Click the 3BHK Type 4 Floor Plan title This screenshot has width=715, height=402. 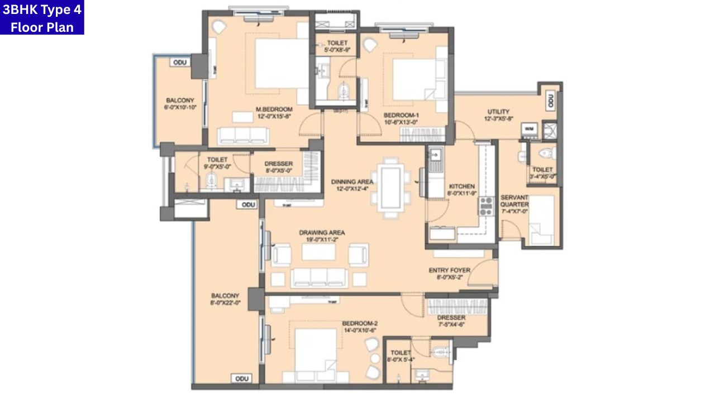point(42,17)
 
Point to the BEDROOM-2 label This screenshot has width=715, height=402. point(360,323)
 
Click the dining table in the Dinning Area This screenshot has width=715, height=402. point(391,186)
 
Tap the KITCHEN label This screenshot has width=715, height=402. point(461,186)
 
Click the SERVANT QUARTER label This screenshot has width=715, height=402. point(514,201)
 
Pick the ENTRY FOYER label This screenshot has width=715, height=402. point(449,270)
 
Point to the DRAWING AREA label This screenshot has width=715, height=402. point(322,232)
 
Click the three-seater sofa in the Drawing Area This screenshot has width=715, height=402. point(320,277)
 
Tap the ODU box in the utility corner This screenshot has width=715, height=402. point(550,100)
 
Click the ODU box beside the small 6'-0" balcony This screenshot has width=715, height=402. point(180,63)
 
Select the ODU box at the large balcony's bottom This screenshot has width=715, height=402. point(241,379)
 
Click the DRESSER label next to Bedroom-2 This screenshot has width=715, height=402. point(451,318)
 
